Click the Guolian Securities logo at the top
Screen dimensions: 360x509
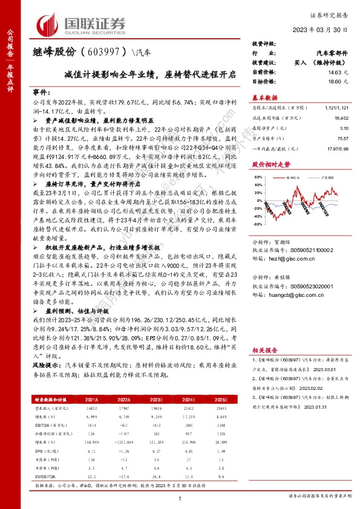click(x=82, y=24)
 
